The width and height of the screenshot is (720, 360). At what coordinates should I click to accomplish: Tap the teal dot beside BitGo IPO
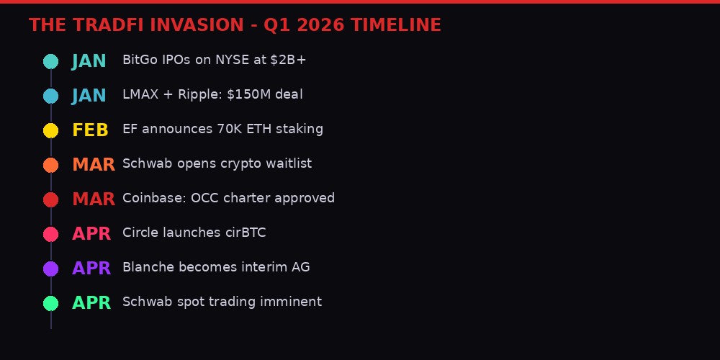50,61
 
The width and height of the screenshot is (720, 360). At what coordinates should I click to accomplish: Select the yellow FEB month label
90,130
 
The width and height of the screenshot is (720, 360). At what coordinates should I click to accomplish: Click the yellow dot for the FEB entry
50,130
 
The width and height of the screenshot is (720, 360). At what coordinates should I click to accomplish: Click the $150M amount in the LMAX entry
234,94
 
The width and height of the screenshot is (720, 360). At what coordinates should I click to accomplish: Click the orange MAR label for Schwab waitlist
93,165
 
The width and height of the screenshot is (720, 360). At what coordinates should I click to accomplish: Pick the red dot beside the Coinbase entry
50,199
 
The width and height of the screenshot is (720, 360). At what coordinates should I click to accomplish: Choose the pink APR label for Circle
91,234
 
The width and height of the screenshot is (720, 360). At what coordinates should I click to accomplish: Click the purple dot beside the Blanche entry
50,269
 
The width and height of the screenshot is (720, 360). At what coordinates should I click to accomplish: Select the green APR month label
91,303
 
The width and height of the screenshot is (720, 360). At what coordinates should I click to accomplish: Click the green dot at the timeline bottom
50,303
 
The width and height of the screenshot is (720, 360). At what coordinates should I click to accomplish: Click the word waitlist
288,163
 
